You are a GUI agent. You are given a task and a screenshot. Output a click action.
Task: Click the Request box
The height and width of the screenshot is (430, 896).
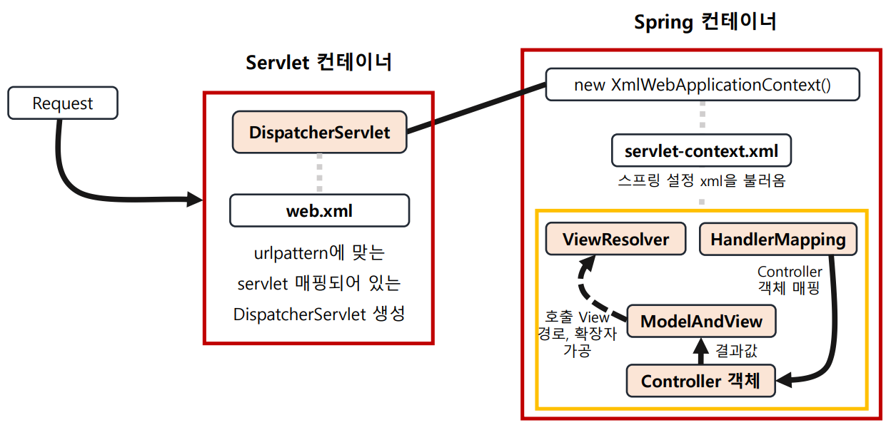62,103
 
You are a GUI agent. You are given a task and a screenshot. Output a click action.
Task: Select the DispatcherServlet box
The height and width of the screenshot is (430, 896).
319,132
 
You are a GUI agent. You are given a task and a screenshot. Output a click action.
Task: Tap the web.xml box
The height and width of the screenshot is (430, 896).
319,211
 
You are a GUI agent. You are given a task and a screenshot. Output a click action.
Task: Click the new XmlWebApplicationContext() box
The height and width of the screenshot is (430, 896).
703,85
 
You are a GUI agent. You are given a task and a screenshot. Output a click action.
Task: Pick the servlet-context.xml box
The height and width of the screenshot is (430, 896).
701,151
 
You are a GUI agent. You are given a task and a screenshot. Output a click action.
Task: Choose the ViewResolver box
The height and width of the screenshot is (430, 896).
615,239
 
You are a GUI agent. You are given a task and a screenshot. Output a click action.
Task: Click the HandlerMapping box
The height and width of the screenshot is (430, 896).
777,240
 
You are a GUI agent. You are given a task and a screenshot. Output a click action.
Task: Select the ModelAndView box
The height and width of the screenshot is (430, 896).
701,321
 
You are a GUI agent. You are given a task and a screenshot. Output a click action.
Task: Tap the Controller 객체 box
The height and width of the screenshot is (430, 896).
701,381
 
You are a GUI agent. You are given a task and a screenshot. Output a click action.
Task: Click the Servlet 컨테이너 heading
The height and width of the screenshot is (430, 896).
318,63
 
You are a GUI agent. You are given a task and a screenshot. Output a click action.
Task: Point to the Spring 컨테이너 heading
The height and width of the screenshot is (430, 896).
705,22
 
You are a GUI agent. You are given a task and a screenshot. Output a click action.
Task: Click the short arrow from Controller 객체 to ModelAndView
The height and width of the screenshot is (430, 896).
700,351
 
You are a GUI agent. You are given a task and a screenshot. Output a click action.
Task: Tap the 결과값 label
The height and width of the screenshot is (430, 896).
735,350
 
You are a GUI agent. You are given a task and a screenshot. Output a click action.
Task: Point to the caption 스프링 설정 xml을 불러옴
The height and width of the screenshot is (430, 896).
701,180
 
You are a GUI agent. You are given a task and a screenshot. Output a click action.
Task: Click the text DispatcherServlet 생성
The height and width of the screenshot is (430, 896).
318,314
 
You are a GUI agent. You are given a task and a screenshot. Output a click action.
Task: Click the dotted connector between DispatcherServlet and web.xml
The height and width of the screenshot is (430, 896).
319,173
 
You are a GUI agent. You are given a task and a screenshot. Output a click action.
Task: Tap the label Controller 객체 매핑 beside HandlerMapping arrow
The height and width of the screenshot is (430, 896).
790,280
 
